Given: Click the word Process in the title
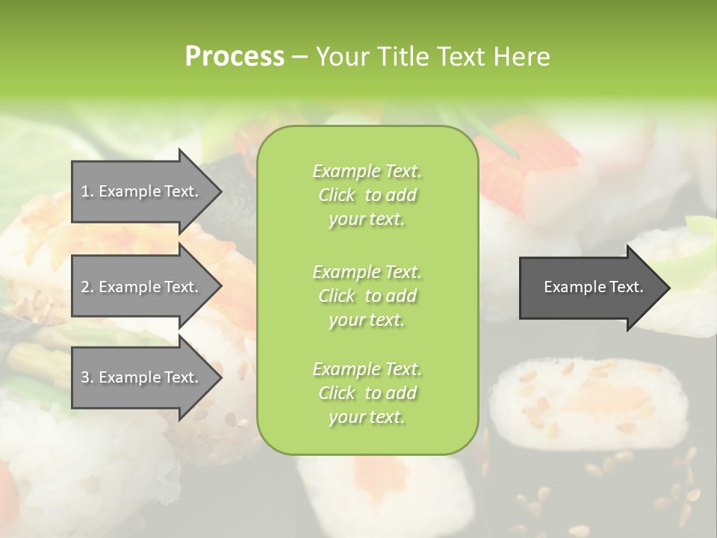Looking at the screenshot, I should tap(235, 57).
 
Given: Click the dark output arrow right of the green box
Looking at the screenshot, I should tap(590, 287).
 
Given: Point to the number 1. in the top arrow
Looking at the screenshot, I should tap(87, 191).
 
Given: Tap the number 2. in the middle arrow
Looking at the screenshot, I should tap(87, 287).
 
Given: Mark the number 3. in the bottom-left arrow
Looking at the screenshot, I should tap(87, 377).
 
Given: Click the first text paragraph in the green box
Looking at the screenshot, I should tap(367, 195).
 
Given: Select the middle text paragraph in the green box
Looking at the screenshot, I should tap(367, 295).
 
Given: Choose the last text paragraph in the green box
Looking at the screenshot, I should tap(367, 392).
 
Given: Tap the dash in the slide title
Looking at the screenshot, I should tap(300, 57).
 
